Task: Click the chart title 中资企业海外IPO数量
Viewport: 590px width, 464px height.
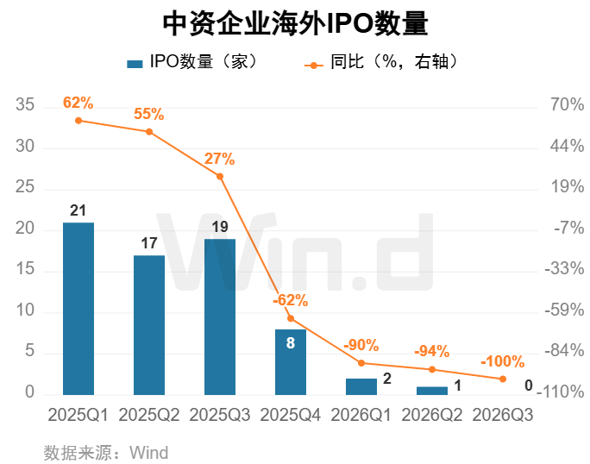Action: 295,23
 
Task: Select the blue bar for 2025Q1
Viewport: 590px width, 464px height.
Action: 78,309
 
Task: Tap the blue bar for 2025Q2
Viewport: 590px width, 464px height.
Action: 149,325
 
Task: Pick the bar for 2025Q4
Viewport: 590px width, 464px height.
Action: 291,362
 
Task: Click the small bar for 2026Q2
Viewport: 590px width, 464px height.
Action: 432,391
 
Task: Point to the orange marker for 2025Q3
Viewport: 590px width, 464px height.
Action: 220,177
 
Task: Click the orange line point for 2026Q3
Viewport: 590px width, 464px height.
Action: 503,379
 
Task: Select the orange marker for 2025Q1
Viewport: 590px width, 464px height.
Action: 78,121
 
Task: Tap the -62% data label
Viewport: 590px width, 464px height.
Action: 291,300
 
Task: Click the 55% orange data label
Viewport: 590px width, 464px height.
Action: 149,114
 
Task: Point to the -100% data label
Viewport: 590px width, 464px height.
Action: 503,361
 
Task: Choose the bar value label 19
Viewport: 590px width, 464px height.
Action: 220,227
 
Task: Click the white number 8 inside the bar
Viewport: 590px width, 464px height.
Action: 291,343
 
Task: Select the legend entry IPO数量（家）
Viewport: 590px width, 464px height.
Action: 191,61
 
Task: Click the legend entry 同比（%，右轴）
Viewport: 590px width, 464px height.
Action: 380,62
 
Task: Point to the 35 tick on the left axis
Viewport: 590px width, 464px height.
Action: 25,104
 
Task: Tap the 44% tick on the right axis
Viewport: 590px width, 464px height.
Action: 568,146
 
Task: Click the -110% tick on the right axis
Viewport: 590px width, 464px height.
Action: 561,392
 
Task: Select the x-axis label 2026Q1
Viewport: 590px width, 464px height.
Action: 361,415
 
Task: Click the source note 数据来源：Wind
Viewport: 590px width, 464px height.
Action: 106,453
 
